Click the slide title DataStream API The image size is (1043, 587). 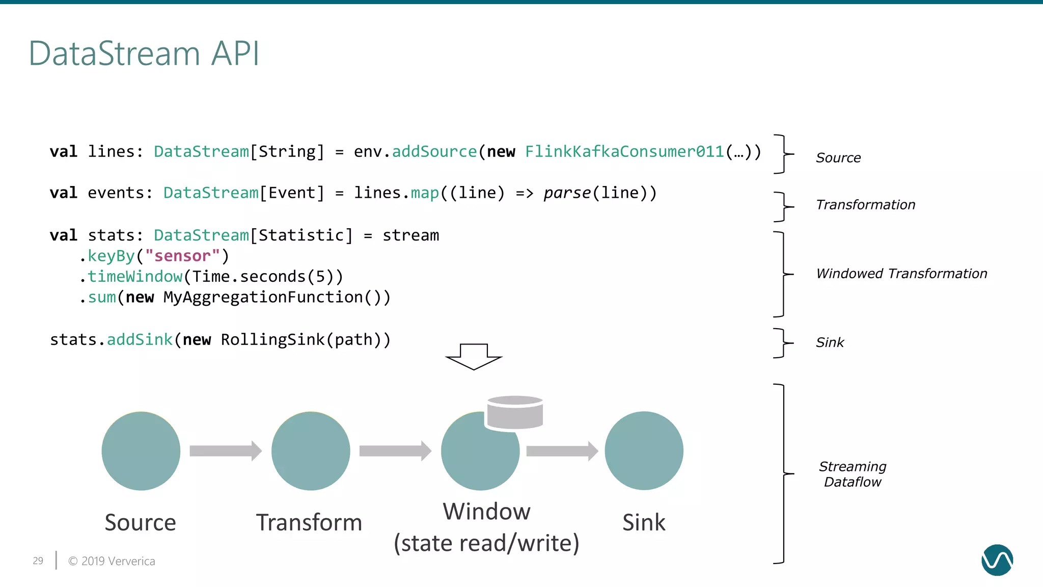(x=144, y=54)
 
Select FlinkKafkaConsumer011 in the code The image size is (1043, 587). (x=624, y=151)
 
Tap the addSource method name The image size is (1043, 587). (x=434, y=151)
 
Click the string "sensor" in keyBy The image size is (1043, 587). (x=182, y=256)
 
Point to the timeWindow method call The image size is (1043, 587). (x=135, y=277)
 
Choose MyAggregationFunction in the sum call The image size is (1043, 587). (x=263, y=298)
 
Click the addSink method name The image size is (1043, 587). (x=140, y=340)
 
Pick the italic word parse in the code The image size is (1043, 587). (x=567, y=193)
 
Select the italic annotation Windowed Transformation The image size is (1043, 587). (x=901, y=274)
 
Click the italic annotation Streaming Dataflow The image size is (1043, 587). (x=853, y=474)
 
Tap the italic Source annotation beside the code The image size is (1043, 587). (x=838, y=158)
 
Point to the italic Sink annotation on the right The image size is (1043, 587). (x=830, y=342)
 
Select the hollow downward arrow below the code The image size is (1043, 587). (x=474, y=356)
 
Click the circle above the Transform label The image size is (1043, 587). (x=311, y=451)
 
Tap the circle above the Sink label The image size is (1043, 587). (x=644, y=451)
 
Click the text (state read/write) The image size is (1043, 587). (x=486, y=543)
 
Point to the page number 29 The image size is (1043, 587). (x=38, y=561)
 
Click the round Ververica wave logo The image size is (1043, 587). (x=997, y=560)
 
